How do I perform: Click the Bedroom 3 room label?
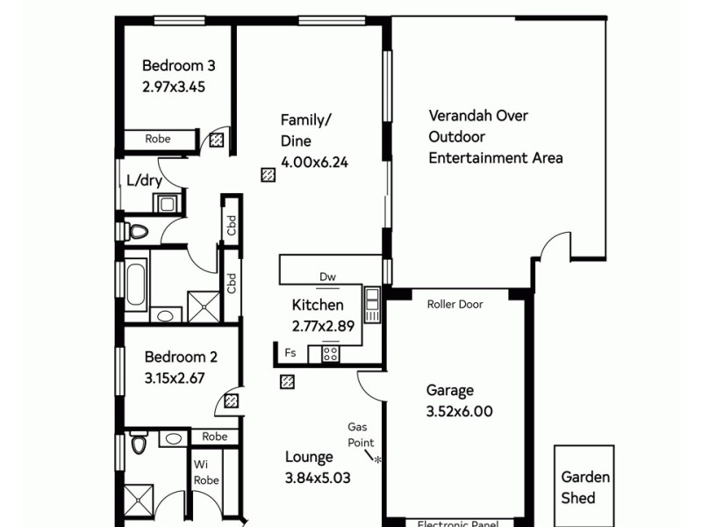coord(179,65)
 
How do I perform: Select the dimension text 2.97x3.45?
coord(174,87)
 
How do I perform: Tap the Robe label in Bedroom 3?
coord(158,139)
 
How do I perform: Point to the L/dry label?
coord(143,182)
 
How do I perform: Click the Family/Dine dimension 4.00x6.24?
coord(314,162)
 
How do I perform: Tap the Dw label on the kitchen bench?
coord(327,278)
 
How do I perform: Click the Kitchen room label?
coord(318,305)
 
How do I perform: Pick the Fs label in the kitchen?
coord(290,353)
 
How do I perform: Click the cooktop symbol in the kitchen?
coord(331,353)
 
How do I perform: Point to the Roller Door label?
coord(455,305)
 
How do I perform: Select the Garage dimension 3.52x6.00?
coord(459,411)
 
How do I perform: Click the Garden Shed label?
coord(584,487)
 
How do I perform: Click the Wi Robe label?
coord(206,473)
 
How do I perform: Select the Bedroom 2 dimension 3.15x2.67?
coord(174,379)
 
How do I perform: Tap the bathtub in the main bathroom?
coord(136,283)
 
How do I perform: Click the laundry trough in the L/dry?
coord(167,204)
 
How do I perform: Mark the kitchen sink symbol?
coord(372,304)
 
